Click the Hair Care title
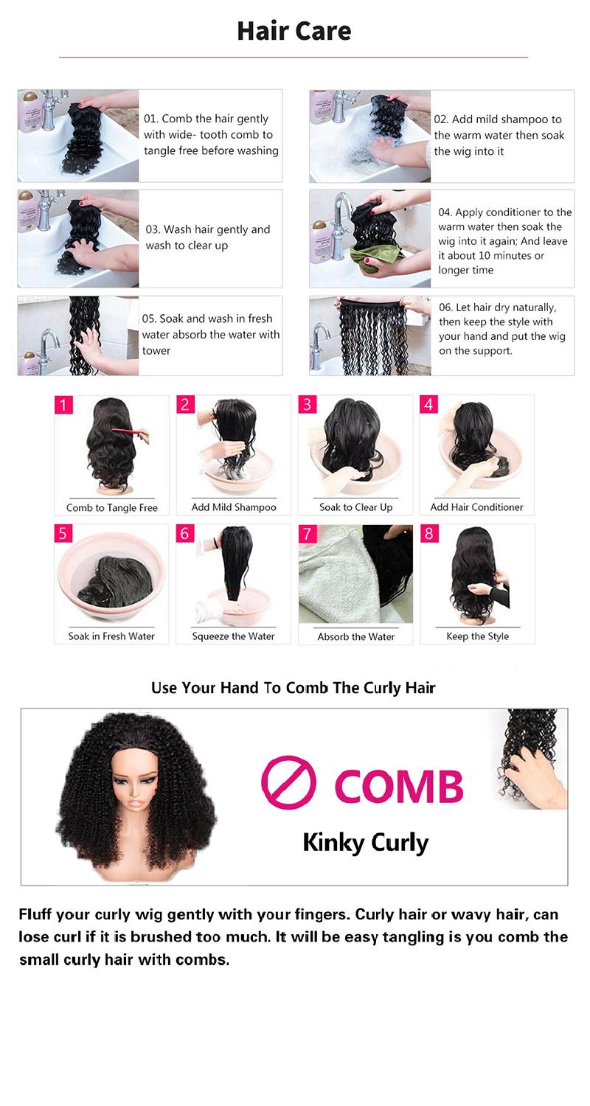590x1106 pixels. (x=294, y=31)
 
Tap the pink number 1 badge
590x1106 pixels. (x=63, y=405)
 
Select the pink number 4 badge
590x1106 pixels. (x=428, y=404)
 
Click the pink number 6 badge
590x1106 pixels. (x=185, y=533)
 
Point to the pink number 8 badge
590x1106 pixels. (x=428, y=533)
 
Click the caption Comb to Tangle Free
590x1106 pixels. (x=112, y=507)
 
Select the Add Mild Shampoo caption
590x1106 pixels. (x=234, y=507)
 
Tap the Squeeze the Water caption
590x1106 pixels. (x=233, y=636)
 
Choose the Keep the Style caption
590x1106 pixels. (x=477, y=636)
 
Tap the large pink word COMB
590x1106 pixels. (x=399, y=787)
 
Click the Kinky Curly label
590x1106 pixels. (x=365, y=842)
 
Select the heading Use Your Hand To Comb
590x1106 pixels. (x=293, y=688)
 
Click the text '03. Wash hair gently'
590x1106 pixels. (x=208, y=229)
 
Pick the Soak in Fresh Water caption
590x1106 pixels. (x=111, y=636)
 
